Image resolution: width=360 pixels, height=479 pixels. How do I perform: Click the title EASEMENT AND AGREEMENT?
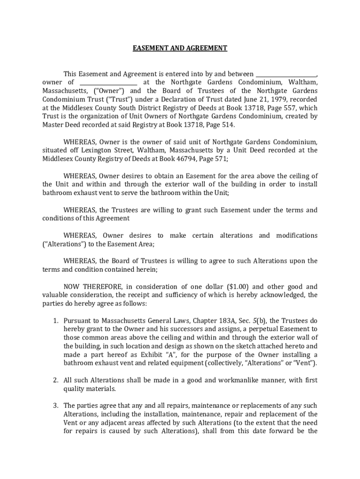click(180, 48)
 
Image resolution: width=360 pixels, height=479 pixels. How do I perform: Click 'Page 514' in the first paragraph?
click(218, 125)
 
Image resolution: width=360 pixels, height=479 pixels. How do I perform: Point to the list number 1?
click(55, 321)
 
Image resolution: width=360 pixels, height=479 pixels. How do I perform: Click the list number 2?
click(55, 380)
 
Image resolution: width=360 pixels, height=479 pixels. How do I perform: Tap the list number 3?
click(55, 406)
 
